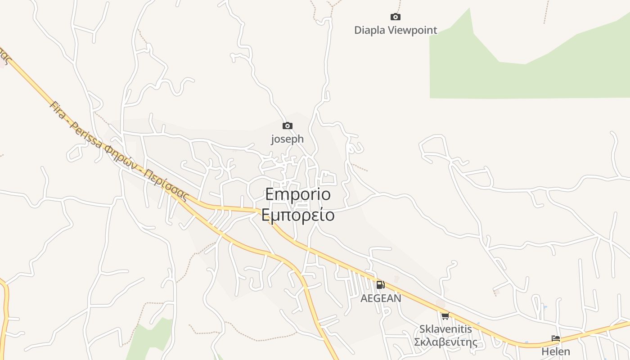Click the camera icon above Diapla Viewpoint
tap(395, 17)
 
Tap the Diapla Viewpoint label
tap(396, 30)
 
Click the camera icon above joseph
tap(287, 126)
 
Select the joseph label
tap(287, 139)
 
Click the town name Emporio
tap(298, 194)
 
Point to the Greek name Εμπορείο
tap(298, 215)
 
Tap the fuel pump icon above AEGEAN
tap(380, 284)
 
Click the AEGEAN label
tap(381, 298)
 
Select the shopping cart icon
tap(445, 316)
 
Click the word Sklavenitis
tap(445, 329)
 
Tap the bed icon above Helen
tap(556, 338)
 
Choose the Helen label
tap(556, 351)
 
